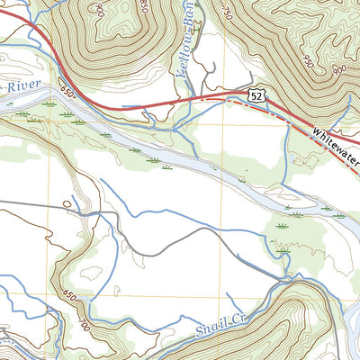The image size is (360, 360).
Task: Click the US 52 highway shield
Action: [x=257, y=94]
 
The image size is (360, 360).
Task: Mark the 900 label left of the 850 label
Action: [x=96, y=10]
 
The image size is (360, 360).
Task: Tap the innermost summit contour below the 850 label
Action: [x=135, y=36]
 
